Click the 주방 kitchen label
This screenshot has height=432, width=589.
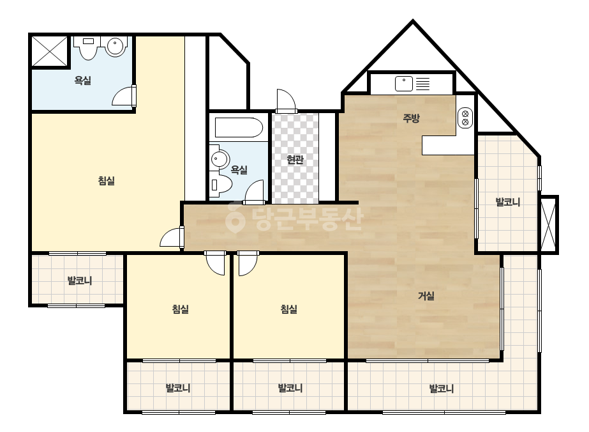[411, 118]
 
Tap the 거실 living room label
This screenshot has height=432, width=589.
[426, 296]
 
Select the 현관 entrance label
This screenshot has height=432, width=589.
[295, 160]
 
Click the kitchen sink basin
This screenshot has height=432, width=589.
[404, 84]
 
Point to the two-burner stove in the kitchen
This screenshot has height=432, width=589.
[465, 118]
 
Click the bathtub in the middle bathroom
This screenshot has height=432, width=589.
[239, 128]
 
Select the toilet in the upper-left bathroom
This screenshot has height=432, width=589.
[88, 48]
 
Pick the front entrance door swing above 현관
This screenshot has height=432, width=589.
[287, 100]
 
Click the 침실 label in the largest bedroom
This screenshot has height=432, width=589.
[107, 181]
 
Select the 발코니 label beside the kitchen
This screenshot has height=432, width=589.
[508, 202]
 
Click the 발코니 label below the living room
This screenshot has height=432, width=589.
[442, 388]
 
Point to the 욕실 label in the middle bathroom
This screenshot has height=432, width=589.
[239, 170]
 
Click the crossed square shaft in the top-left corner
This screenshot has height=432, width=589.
[50, 52]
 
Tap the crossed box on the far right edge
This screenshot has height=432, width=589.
[549, 225]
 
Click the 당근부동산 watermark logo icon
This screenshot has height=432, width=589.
[235, 217]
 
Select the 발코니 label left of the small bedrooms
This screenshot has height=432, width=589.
[80, 281]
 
